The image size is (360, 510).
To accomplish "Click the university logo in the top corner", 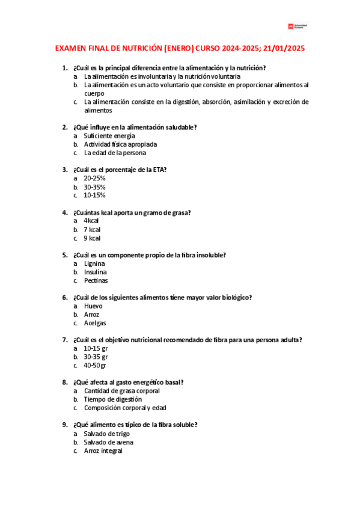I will click(297, 26).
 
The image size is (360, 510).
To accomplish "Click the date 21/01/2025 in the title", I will click(287, 49).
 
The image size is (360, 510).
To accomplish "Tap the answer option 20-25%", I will click(95, 178).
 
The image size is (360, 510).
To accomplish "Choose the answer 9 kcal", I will click(92, 238).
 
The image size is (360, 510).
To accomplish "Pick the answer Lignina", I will click(94, 263).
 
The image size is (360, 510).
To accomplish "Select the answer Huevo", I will click(93, 306).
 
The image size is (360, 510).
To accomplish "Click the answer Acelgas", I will click(95, 322).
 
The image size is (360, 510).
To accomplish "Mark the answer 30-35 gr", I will click(96, 357).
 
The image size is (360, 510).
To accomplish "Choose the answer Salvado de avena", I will click(109, 442).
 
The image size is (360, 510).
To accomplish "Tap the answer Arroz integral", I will click(103, 450).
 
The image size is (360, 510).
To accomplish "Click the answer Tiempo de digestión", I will click(113, 399).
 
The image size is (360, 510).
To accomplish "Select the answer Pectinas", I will click(96, 280).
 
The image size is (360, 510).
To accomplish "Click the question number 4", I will click(65, 212).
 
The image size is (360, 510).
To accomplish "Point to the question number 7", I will click(65, 340).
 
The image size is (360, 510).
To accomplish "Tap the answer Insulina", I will click(96, 272).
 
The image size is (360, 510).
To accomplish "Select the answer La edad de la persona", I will click(115, 153).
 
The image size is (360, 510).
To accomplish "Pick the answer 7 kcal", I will click(92, 229).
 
